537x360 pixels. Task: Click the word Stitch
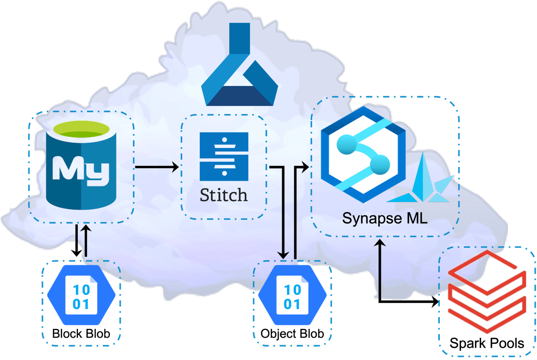(224, 195)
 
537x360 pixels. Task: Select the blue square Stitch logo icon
(224, 156)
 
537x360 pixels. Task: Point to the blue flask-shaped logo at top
(240, 67)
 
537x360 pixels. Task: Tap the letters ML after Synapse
(417, 218)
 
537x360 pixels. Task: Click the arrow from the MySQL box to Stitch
(157, 167)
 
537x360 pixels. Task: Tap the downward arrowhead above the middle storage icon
(284, 254)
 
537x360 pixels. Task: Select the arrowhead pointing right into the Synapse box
(306, 167)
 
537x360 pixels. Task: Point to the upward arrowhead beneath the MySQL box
(86, 229)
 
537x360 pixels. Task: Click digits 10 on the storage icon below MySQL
(81, 290)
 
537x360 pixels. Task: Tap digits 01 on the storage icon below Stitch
(292, 304)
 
